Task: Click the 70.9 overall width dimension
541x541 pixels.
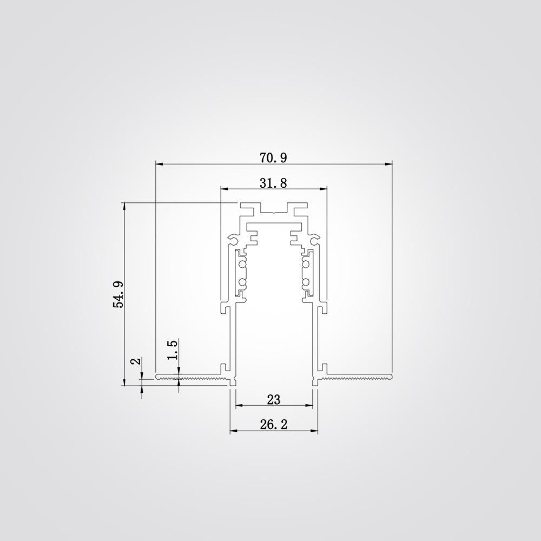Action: [273, 157]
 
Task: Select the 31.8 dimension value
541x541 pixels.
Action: [273, 183]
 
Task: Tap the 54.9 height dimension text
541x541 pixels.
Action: [118, 294]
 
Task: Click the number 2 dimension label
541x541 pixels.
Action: [136, 361]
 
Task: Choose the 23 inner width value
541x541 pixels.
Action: [274, 400]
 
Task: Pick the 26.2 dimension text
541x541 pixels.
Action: [274, 424]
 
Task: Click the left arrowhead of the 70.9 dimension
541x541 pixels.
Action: [160, 164]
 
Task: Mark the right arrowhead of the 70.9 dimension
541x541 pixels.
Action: [388, 164]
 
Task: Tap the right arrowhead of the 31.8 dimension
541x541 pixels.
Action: [323, 189]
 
